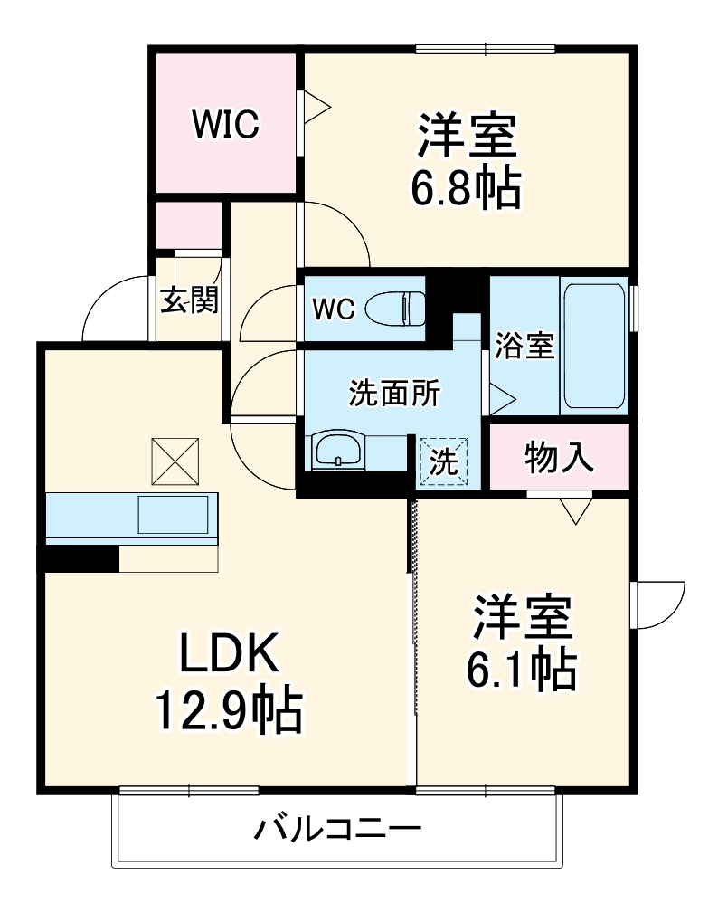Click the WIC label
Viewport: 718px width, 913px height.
click(224, 125)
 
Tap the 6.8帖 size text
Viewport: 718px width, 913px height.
click(468, 187)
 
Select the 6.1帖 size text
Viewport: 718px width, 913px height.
click(522, 668)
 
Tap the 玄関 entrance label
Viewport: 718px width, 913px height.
click(189, 300)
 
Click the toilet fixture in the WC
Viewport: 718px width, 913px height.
click(396, 309)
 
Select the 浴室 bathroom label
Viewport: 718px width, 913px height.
click(524, 346)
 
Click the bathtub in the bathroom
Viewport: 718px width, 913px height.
click(593, 347)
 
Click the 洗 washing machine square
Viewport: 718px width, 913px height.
click(444, 461)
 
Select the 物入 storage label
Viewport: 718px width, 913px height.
click(559, 459)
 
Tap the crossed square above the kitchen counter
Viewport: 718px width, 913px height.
click(175, 461)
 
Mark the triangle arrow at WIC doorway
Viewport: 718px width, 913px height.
click(316, 106)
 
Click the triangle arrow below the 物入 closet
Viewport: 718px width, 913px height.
click(574, 511)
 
